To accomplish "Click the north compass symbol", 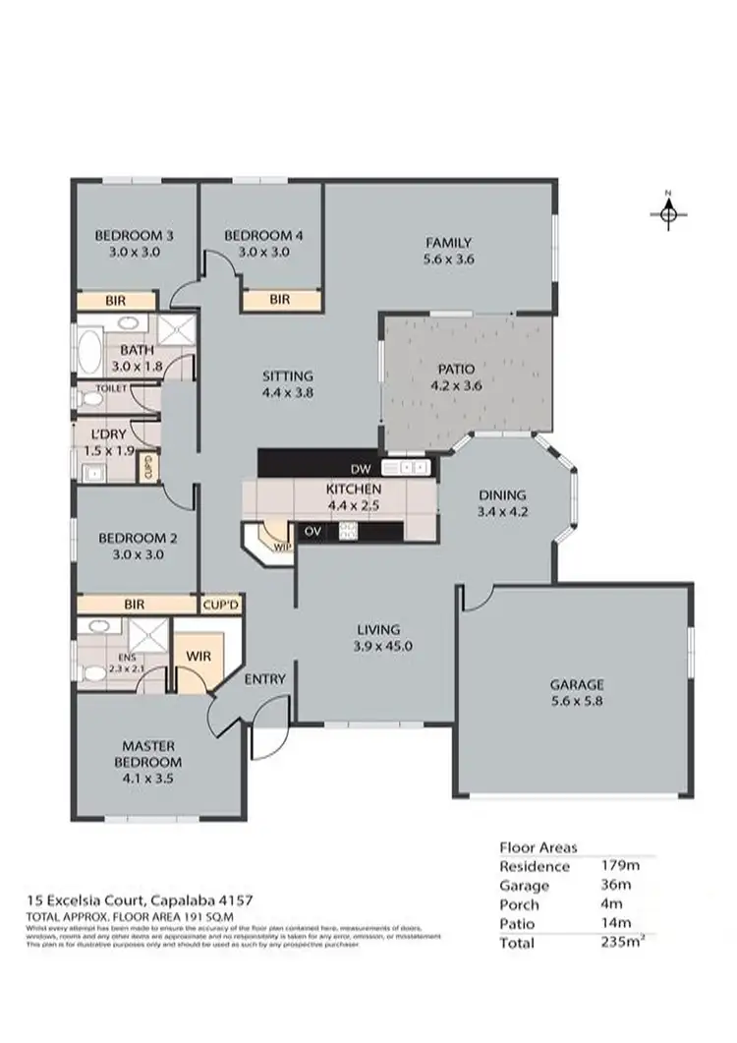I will click(668, 211).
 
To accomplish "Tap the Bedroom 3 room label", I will click(135, 236).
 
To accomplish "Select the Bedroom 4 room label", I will click(263, 236).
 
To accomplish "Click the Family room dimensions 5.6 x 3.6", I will click(448, 260).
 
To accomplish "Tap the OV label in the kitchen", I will click(314, 531).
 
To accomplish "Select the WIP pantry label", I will click(283, 546).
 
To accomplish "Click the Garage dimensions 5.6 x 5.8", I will click(576, 702).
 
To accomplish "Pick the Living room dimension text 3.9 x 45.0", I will click(377, 646).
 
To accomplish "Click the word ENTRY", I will click(264, 678).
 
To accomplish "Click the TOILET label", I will click(109, 389).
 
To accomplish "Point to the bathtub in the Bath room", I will click(87, 348).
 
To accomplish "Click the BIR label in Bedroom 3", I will click(115, 301).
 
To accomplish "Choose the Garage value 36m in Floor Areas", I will click(615, 885).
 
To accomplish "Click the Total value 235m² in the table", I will click(622, 942).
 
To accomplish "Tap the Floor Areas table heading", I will click(539, 846).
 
